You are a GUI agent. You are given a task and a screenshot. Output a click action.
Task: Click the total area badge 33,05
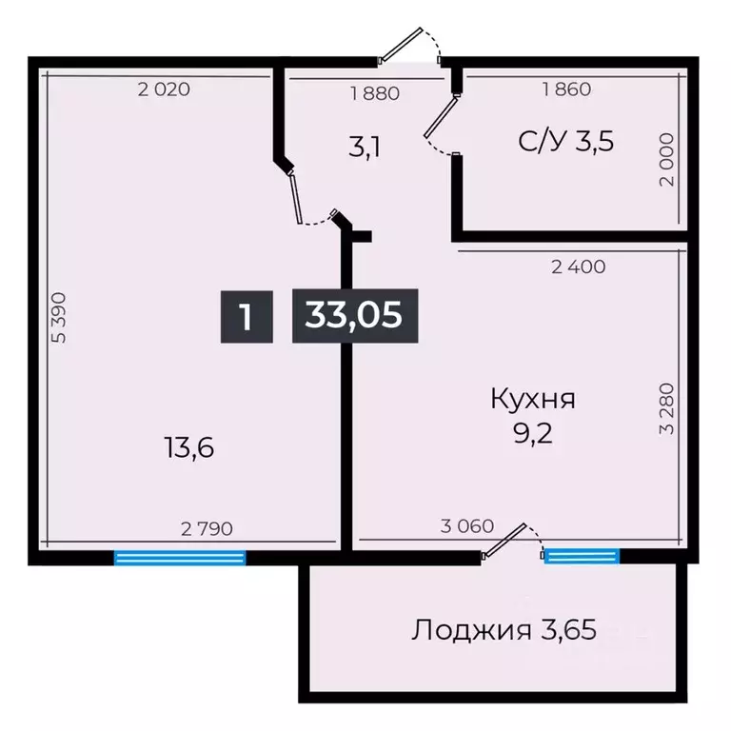point(353,315)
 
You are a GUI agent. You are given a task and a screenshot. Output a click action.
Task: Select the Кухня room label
point(532,399)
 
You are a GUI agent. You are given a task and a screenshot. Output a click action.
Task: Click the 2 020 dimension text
point(164,90)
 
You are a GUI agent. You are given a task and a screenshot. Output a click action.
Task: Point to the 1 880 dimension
point(374,93)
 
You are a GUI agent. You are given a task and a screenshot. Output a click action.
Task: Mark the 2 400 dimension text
point(578,267)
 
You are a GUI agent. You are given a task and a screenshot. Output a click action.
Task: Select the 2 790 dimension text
point(207,527)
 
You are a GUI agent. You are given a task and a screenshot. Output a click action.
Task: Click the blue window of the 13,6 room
point(180,558)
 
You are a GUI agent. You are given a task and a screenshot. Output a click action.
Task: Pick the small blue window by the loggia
point(581,556)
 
